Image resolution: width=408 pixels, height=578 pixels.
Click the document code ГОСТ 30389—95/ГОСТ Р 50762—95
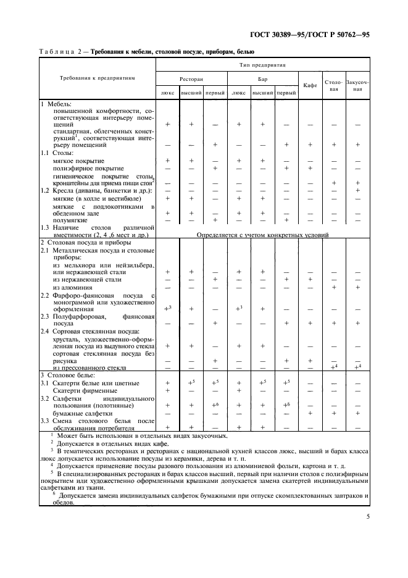coord(323,36)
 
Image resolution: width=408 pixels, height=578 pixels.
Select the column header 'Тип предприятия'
coord(262,64)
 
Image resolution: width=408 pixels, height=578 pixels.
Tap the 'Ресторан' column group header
coord(191,79)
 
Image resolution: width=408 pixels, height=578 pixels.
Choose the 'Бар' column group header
coord(262,79)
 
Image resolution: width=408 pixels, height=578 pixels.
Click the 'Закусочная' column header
coord(357,85)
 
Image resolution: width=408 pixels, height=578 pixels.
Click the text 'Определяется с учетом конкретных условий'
coord(262,235)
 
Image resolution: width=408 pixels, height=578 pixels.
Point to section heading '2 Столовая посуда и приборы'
coord(84,243)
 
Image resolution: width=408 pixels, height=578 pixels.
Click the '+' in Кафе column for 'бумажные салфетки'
coord(310,413)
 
